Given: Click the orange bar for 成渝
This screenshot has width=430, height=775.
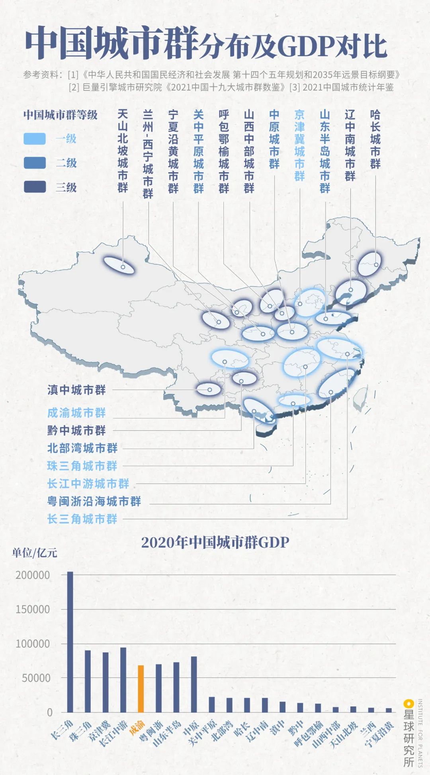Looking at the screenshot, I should pyautogui.click(x=141, y=688).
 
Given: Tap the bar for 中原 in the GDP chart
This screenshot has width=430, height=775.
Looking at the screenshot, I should pyautogui.click(x=194, y=684).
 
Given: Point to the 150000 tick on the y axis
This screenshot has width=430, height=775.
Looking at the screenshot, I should pyautogui.click(x=33, y=610).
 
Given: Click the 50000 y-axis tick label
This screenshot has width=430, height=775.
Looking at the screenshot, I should pyautogui.click(x=36, y=678).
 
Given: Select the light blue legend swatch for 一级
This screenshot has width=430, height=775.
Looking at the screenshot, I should pyautogui.click(x=35, y=139).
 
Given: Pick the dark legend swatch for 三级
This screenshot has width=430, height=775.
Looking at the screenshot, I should pyautogui.click(x=35, y=187).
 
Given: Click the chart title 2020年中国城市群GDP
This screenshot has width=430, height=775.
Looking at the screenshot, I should pyautogui.click(x=215, y=543).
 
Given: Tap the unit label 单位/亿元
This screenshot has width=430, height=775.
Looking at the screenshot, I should pyautogui.click(x=35, y=553).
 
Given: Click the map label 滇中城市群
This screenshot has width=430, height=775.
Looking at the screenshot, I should pyautogui.click(x=76, y=390).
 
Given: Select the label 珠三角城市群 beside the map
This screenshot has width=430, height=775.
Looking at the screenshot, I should pyautogui.click(x=82, y=466).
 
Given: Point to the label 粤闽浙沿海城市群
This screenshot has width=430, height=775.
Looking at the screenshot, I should pyautogui.click(x=94, y=501).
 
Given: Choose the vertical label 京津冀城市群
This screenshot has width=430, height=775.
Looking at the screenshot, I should pyautogui.click(x=299, y=145).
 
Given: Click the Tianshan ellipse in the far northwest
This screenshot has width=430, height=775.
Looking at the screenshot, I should pyautogui.click(x=119, y=265).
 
